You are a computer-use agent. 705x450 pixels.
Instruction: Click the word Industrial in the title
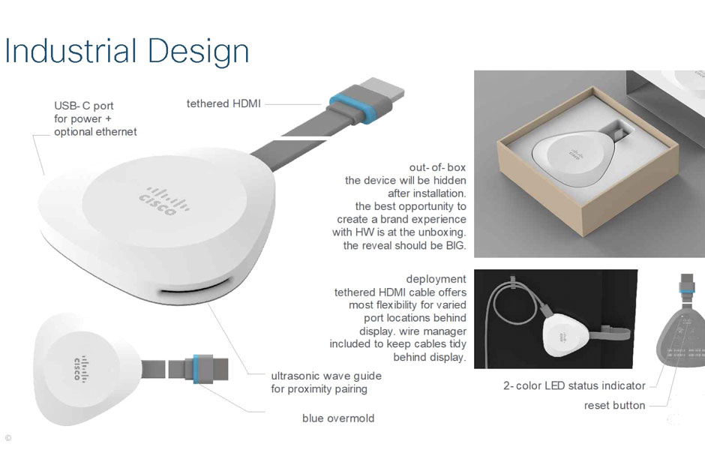(70, 50)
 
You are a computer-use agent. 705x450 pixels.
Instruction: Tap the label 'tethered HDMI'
(223, 103)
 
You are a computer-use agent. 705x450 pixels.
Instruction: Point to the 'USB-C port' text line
(84, 106)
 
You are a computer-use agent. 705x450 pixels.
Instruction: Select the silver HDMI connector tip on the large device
(382, 89)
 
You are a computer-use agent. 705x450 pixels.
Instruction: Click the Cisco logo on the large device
(164, 200)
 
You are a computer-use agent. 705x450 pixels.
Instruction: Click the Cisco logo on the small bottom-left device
(79, 369)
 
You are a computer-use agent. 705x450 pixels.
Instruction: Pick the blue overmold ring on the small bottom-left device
(196, 369)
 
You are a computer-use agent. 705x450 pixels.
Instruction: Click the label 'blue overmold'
(338, 418)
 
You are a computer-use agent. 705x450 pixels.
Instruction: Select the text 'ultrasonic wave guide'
(326, 376)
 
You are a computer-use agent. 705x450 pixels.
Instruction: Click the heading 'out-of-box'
(437, 167)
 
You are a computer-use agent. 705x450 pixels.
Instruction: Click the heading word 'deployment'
(436, 279)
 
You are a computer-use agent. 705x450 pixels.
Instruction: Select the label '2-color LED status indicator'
(574, 385)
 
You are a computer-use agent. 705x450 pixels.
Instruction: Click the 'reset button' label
(615, 406)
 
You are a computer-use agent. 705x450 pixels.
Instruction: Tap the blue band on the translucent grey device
(686, 292)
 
